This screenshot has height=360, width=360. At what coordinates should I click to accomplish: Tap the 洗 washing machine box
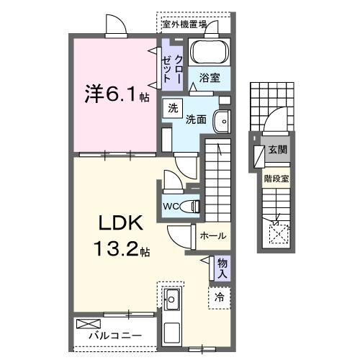(172, 108)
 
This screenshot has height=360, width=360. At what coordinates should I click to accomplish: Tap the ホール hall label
(212, 235)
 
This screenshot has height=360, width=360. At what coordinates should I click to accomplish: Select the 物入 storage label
(222, 267)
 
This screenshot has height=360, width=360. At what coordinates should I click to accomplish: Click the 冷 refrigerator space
(220, 295)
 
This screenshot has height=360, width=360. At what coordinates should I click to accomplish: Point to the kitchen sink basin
(173, 298)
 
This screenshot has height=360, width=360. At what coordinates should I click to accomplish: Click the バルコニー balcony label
(109, 336)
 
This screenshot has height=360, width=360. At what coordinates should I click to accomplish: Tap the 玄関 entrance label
(277, 150)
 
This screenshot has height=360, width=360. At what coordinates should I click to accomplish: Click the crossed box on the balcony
(86, 323)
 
